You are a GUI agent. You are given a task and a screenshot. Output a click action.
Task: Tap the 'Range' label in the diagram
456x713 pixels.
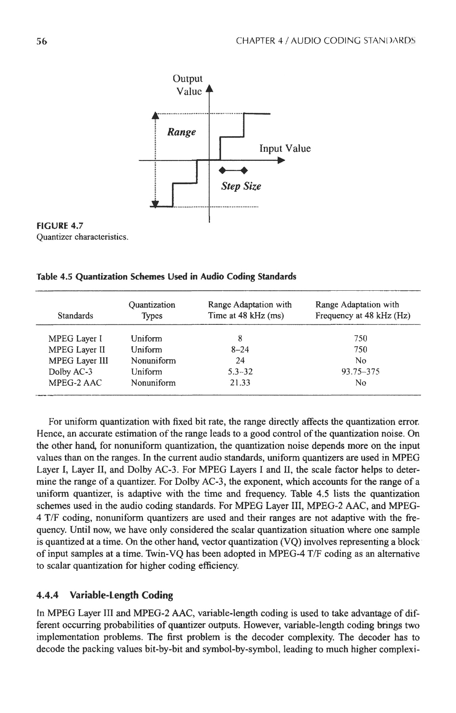pyautogui.click(x=181, y=132)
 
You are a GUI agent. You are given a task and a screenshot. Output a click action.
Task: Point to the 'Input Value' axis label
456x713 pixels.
pyautogui.click(x=285, y=149)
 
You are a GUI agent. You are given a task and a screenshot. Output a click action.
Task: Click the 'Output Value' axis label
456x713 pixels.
pyautogui.click(x=189, y=85)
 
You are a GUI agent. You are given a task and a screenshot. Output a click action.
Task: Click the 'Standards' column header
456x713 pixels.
pyautogui.click(x=75, y=316)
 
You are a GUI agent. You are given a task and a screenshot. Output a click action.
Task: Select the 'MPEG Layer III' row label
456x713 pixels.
pyautogui.click(x=78, y=360)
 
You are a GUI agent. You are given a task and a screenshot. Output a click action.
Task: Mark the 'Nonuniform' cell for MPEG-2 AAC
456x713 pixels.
pyautogui.click(x=153, y=383)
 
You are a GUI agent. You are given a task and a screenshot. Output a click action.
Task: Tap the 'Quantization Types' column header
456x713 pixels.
pyautogui.click(x=152, y=310)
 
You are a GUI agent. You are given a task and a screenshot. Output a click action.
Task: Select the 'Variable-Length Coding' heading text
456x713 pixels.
pyautogui.click(x=121, y=595)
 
